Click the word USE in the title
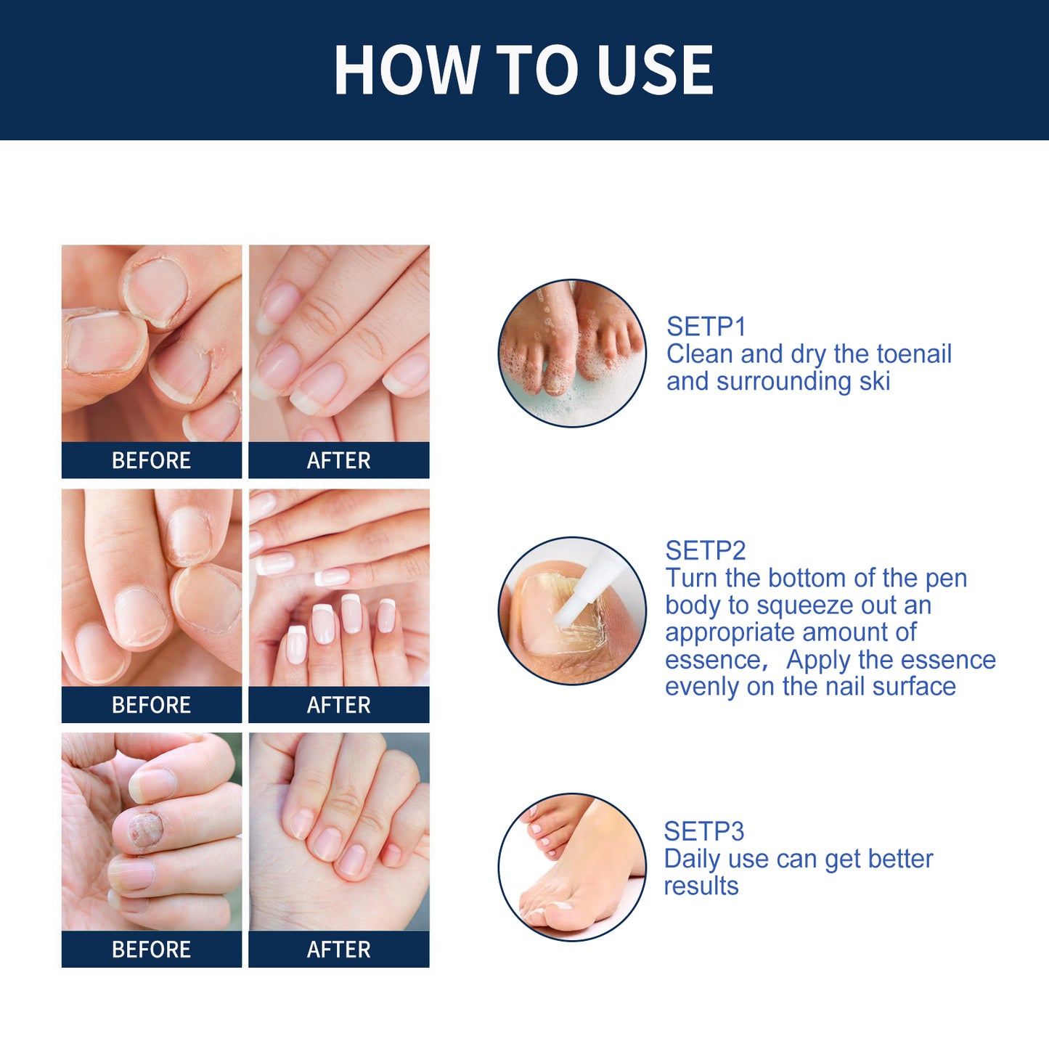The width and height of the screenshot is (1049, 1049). (655, 70)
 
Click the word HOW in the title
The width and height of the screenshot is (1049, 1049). (407, 70)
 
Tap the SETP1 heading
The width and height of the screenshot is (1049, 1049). (706, 327)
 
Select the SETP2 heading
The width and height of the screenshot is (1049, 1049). (705, 550)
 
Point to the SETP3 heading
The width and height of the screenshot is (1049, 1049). (703, 831)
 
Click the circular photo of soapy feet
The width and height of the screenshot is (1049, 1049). (572, 353)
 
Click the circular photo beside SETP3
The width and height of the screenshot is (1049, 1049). (572, 867)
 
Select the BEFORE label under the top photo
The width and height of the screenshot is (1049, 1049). (151, 460)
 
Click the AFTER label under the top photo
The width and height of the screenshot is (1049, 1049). (338, 460)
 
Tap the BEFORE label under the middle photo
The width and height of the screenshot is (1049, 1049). (151, 705)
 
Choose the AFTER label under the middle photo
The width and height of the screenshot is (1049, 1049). (338, 705)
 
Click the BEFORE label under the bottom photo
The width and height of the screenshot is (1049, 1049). (151, 950)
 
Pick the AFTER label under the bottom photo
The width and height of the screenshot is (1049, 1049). (338, 950)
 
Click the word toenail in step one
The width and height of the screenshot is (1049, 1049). (914, 354)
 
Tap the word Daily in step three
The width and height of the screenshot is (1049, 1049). (692, 859)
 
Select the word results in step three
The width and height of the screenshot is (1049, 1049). (701, 886)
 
